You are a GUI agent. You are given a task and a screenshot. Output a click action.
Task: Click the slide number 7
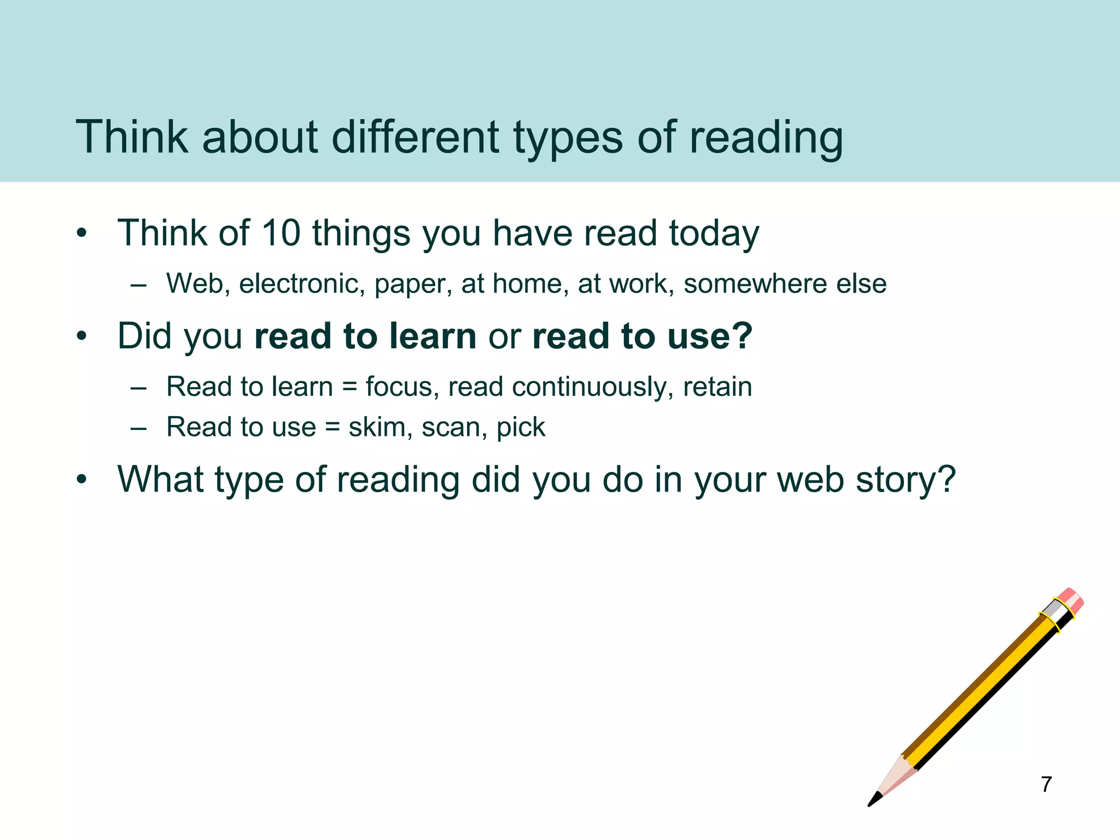coord(1046,784)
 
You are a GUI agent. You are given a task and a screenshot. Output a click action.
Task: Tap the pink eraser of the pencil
coord(1071,600)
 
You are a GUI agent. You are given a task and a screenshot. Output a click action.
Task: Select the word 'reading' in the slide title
coord(766,138)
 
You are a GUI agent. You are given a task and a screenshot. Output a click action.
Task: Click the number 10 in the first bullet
coord(281,233)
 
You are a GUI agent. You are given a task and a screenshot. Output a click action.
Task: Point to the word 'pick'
coord(521,428)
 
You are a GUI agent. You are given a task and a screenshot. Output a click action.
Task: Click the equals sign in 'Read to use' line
coord(332,427)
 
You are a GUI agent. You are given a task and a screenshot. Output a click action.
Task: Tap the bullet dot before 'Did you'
coord(82,336)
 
